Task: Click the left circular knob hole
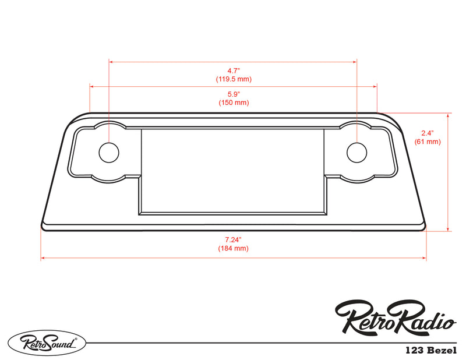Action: point(109,153)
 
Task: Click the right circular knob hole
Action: point(356,153)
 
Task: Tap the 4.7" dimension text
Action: point(234,70)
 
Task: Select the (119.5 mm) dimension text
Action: point(234,79)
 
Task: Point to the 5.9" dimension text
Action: point(234,94)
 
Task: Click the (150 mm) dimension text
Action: point(234,103)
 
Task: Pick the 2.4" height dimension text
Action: point(428,133)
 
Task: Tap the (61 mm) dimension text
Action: point(428,142)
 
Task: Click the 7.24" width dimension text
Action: point(233,239)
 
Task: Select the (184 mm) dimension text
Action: point(233,248)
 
